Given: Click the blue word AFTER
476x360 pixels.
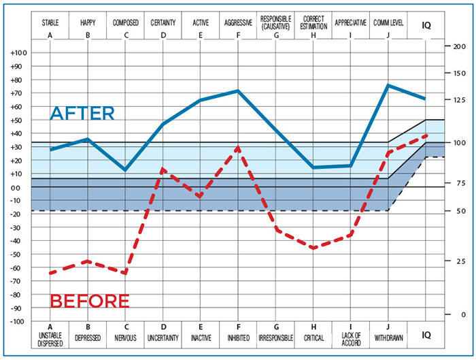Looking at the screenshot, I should click(x=82, y=113).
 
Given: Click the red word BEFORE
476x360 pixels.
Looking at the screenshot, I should click(x=90, y=300).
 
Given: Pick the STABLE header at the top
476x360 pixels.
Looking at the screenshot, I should click(x=50, y=22).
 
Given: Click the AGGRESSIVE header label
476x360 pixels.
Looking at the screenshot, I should click(x=238, y=22).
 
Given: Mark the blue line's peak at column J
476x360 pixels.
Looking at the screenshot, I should click(x=388, y=85).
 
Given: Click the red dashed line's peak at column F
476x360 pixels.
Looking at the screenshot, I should click(x=238, y=147).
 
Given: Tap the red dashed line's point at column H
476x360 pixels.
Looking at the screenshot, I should click(x=313, y=248).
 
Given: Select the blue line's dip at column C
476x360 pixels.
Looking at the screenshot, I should click(x=125, y=170).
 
